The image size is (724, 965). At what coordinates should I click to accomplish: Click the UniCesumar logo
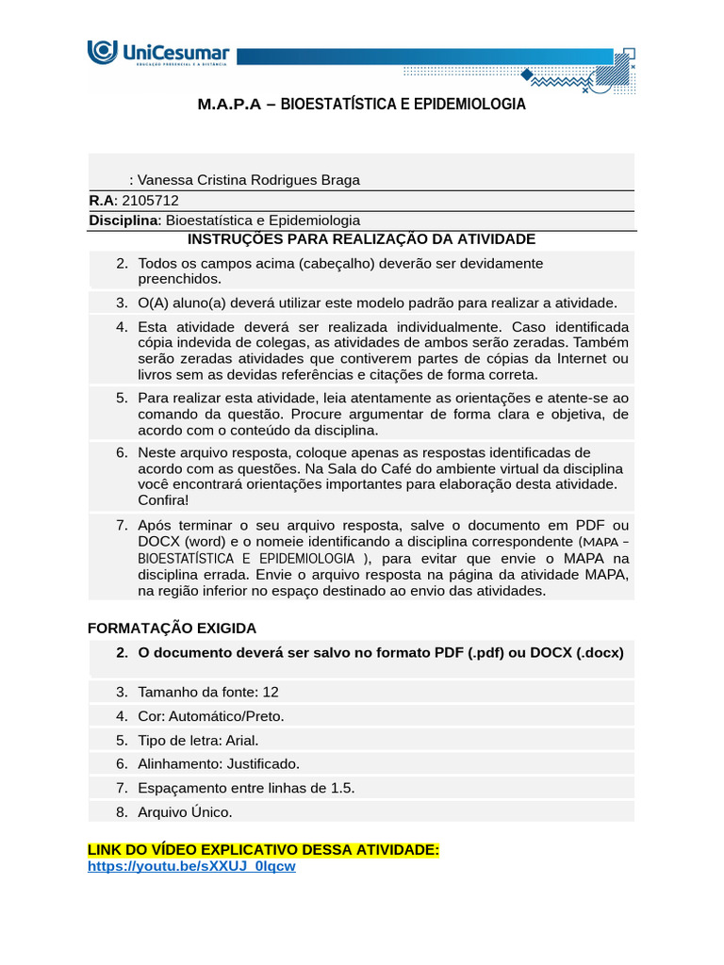click(157, 54)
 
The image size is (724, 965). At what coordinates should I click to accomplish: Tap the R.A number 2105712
click(151, 200)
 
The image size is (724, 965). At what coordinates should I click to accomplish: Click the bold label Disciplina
click(123, 220)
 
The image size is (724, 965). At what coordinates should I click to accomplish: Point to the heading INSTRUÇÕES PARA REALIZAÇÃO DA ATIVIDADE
click(362, 239)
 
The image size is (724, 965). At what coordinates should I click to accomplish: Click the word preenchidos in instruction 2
click(180, 279)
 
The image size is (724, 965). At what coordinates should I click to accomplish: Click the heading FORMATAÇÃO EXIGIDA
click(172, 628)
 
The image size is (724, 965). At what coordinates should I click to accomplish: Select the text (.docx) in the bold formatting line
click(588, 652)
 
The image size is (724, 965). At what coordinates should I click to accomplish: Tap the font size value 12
click(271, 692)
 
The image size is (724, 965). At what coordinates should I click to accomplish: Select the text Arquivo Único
click(185, 811)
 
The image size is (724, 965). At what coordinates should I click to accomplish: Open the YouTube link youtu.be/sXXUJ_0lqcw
click(191, 866)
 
